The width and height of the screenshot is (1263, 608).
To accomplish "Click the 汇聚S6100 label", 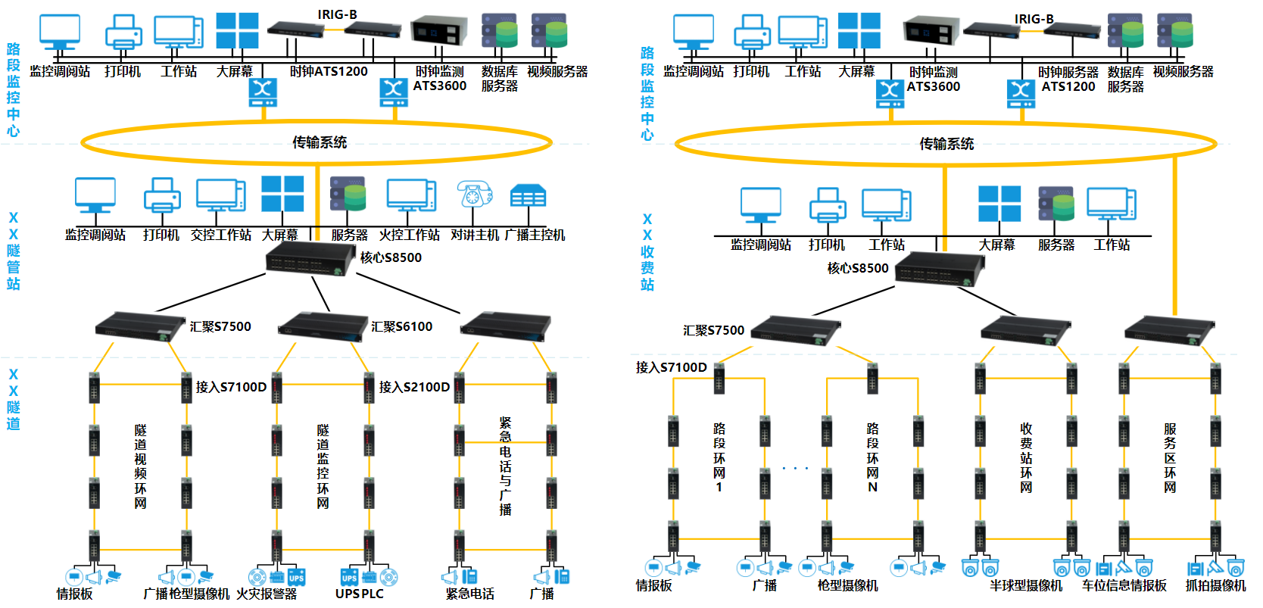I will (x=401, y=326).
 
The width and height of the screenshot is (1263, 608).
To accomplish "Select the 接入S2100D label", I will (x=414, y=387).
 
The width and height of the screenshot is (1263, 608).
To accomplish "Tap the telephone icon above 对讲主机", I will (x=474, y=195).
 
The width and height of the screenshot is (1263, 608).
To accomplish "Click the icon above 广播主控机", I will (x=528, y=196).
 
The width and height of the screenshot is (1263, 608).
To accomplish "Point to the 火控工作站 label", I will (x=409, y=235).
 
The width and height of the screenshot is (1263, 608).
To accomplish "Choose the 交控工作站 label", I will (x=221, y=235).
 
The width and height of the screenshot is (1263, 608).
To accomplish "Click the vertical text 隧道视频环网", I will (x=140, y=466).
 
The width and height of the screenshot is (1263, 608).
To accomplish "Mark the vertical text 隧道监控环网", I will (x=323, y=466).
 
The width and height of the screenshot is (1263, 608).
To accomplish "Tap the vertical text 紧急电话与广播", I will (x=505, y=466).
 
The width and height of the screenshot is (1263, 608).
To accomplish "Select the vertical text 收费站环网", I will (x=1026, y=458).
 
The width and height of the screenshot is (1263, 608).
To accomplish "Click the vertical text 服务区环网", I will (x=1170, y=458).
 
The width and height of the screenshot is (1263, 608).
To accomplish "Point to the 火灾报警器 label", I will (x=267, y=594).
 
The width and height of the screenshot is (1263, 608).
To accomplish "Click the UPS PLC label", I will (x=360, y=594).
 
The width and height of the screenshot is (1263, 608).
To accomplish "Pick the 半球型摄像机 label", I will (x=1026, y=586).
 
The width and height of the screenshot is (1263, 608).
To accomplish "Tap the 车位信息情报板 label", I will (x=1124, y=586).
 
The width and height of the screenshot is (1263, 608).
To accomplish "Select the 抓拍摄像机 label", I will (x=1215, y=586).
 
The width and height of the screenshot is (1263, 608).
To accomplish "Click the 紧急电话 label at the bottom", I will (x=470, y=594).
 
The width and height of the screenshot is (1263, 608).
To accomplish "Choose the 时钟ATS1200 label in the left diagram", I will (x=329, y=71).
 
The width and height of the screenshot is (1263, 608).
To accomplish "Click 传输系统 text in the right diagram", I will (x=946, y=144).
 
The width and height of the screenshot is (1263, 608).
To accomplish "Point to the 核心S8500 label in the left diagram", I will (x=391, y=257).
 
